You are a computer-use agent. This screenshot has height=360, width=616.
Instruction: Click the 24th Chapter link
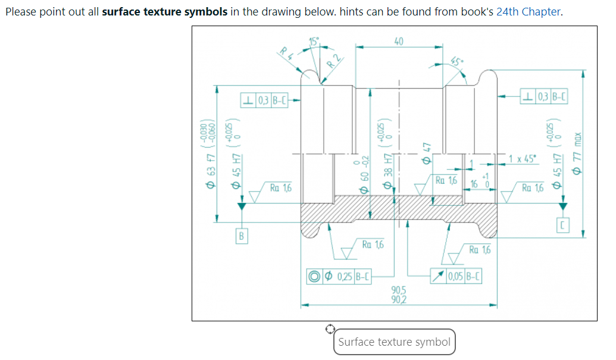[528, 12]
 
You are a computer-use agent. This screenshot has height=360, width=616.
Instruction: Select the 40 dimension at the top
[399, 40]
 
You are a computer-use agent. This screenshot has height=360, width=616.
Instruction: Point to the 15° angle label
[314, 41]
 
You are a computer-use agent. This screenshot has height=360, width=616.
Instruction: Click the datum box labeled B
[241, 236]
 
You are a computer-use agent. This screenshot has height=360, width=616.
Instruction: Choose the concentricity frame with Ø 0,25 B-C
[339, 277]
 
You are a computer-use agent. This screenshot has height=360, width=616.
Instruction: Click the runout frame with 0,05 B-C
[456, 277]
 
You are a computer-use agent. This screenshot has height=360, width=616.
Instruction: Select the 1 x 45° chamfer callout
[522, 159]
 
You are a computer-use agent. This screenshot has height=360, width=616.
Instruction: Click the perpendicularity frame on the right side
[544, 96]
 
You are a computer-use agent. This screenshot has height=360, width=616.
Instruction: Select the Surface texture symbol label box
[394, 342]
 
